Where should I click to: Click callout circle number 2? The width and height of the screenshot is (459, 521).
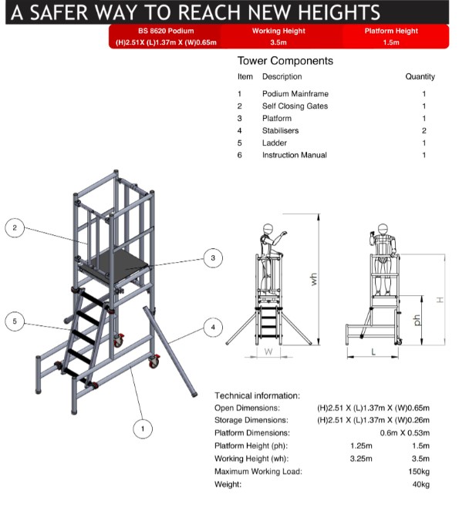tap(15, 228)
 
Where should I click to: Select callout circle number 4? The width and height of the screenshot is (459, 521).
tap(214, 326)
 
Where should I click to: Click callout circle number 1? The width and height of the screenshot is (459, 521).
tap(141, 428)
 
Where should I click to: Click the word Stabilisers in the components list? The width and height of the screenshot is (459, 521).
tap(280, 130)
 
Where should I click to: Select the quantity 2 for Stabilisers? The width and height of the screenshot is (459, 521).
tap(424, 130)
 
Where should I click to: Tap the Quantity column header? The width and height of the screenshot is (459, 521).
tap(420, 76)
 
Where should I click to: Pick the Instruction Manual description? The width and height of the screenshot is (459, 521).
tap(294, 155)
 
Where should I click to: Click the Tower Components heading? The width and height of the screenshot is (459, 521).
tap(285, 60)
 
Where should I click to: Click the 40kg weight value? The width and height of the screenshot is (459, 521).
tap(420, 484)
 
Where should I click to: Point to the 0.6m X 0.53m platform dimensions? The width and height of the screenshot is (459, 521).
tap(405, 433)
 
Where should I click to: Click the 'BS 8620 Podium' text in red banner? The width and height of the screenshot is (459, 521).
tap(166, 31)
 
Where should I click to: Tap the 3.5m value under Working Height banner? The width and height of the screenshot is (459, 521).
tap(278, 42)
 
